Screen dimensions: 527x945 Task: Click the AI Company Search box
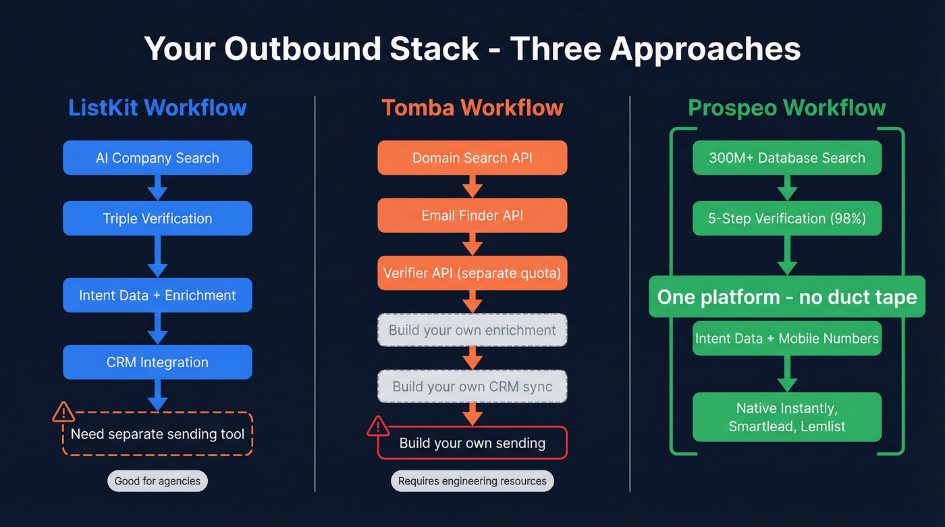pyautogui.click(x=157, y=158)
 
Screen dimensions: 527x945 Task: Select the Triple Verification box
pyautogui.click(x=157, y=219)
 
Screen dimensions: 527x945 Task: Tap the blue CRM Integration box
pyautogui.click(x=157, y=362)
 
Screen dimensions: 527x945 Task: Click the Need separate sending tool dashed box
pyautogui.click(x=157, y=434)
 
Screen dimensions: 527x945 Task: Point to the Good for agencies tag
pyautogui.click(x=157, y=481)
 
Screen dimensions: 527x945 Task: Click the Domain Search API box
pyautogui.click(x=472, y=158)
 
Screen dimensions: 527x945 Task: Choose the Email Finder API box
pyautogui.click(x=472, y=216)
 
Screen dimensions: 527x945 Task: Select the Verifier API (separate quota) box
pyautogui.click(x=472, y=273)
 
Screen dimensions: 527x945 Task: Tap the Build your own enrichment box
pyautogui.click(x=472, y=331)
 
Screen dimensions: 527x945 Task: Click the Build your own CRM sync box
pyautogui.click(x=472, y=387)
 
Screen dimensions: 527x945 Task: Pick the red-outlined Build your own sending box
pyautogui.click(x=472, y=443)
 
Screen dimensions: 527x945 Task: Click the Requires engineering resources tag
pyautogui.click(x=472, y=481)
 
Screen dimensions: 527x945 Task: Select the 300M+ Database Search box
pyautogui.click(x=787, y=158)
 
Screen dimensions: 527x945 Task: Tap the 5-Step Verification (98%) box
pyautogui.click(x=787, y=219)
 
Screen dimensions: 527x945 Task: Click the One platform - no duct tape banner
pyautogui.click(x=787, y=297)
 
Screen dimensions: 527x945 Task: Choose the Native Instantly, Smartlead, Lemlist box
pyautogui.click(x=787, y=417)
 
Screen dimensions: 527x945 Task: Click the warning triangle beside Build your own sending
pyautogui.click(x=378, y=426)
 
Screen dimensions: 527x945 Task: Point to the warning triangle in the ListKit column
pyautogui.click(x=63, y=411)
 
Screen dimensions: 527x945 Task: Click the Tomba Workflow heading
pyautogui.click(x=472, y=108)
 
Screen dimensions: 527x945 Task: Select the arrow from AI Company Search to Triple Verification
pyautogui.click(x=157, y=188)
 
